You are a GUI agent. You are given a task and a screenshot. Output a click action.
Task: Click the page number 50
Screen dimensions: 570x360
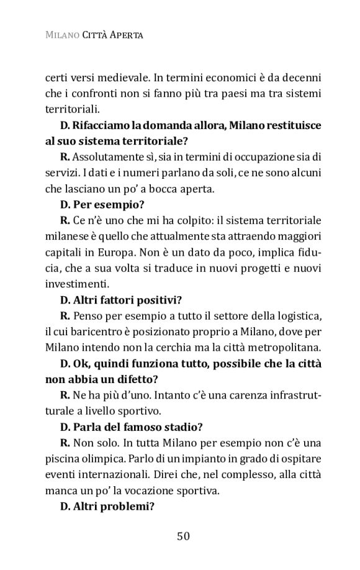[182, 536]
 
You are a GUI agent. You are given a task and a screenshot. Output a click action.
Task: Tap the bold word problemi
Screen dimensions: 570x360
[123, 505]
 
